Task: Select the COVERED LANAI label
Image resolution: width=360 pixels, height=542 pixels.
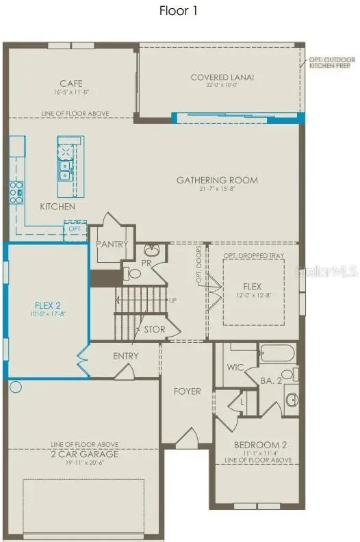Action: (222, 77)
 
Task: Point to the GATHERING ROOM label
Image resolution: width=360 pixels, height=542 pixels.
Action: (217, 181)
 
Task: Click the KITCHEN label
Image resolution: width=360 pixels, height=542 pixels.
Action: (57, 206)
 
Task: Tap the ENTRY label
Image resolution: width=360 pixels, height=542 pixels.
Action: (125, 356)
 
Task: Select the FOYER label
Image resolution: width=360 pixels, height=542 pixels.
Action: (188, 391)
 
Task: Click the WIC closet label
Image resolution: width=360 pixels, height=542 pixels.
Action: (236, 367)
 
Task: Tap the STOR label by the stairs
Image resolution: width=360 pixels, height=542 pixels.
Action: (154, 329)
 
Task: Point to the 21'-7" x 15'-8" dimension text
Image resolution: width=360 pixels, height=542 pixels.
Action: (217, 190)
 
